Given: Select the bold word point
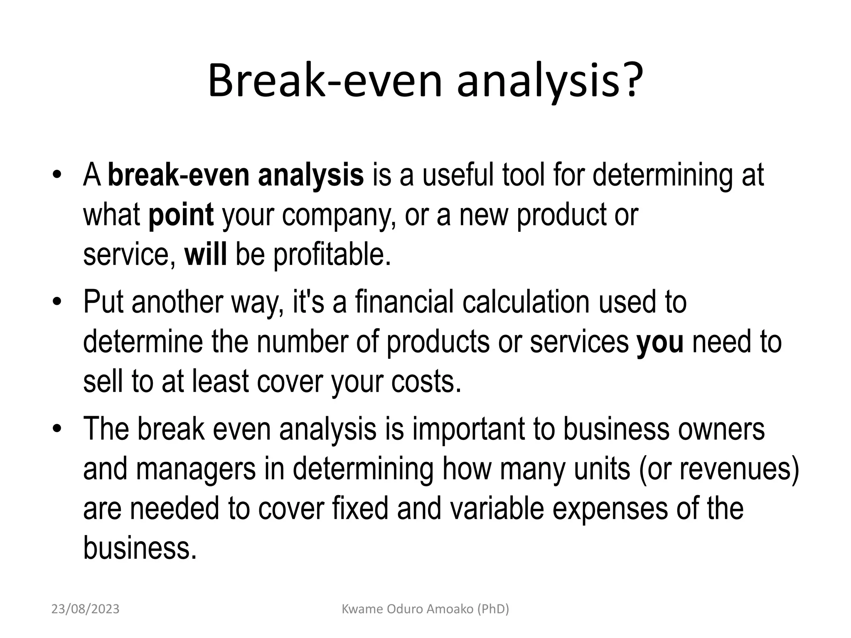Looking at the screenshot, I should tap(181, 215).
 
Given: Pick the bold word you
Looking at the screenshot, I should tap(660, 342).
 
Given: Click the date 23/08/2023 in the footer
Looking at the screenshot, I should tap(85, 609).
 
